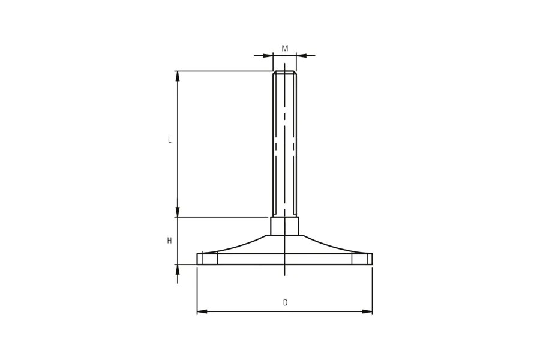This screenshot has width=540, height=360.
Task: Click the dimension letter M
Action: (x=285, y=49)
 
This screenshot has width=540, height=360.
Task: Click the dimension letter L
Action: (x=169, y=140)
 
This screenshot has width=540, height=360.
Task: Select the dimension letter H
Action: (x=169, y=241)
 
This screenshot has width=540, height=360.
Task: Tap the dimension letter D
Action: (x=285, y=302)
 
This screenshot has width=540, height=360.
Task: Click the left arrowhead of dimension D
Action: (x=202, y=311)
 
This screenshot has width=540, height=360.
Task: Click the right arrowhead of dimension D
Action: (x=367, y=311)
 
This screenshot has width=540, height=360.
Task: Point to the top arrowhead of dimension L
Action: (x=178, y=76)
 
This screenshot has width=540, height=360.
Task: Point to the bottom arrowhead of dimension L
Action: (x=178, y=212)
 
